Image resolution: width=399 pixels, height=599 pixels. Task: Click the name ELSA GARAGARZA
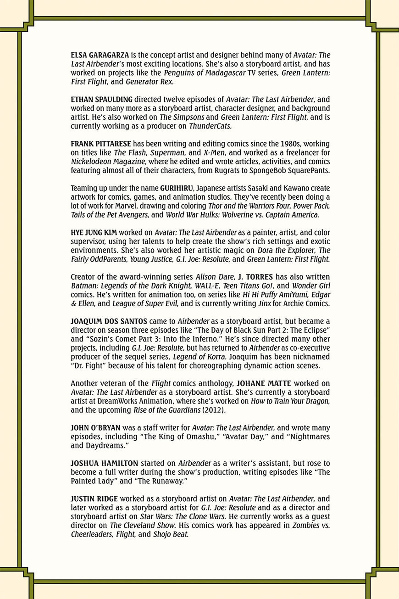(x=100, y=55)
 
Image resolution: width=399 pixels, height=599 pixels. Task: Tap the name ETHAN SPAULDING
(x=101, y=99)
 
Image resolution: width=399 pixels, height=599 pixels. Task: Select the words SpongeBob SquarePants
(x=288, y=170)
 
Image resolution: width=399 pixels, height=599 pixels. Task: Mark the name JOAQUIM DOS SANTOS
(x=108, y=320)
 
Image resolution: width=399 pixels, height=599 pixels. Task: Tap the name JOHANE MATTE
(x=264, y=383)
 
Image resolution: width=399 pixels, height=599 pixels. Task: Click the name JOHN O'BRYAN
(x=95, y=428)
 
